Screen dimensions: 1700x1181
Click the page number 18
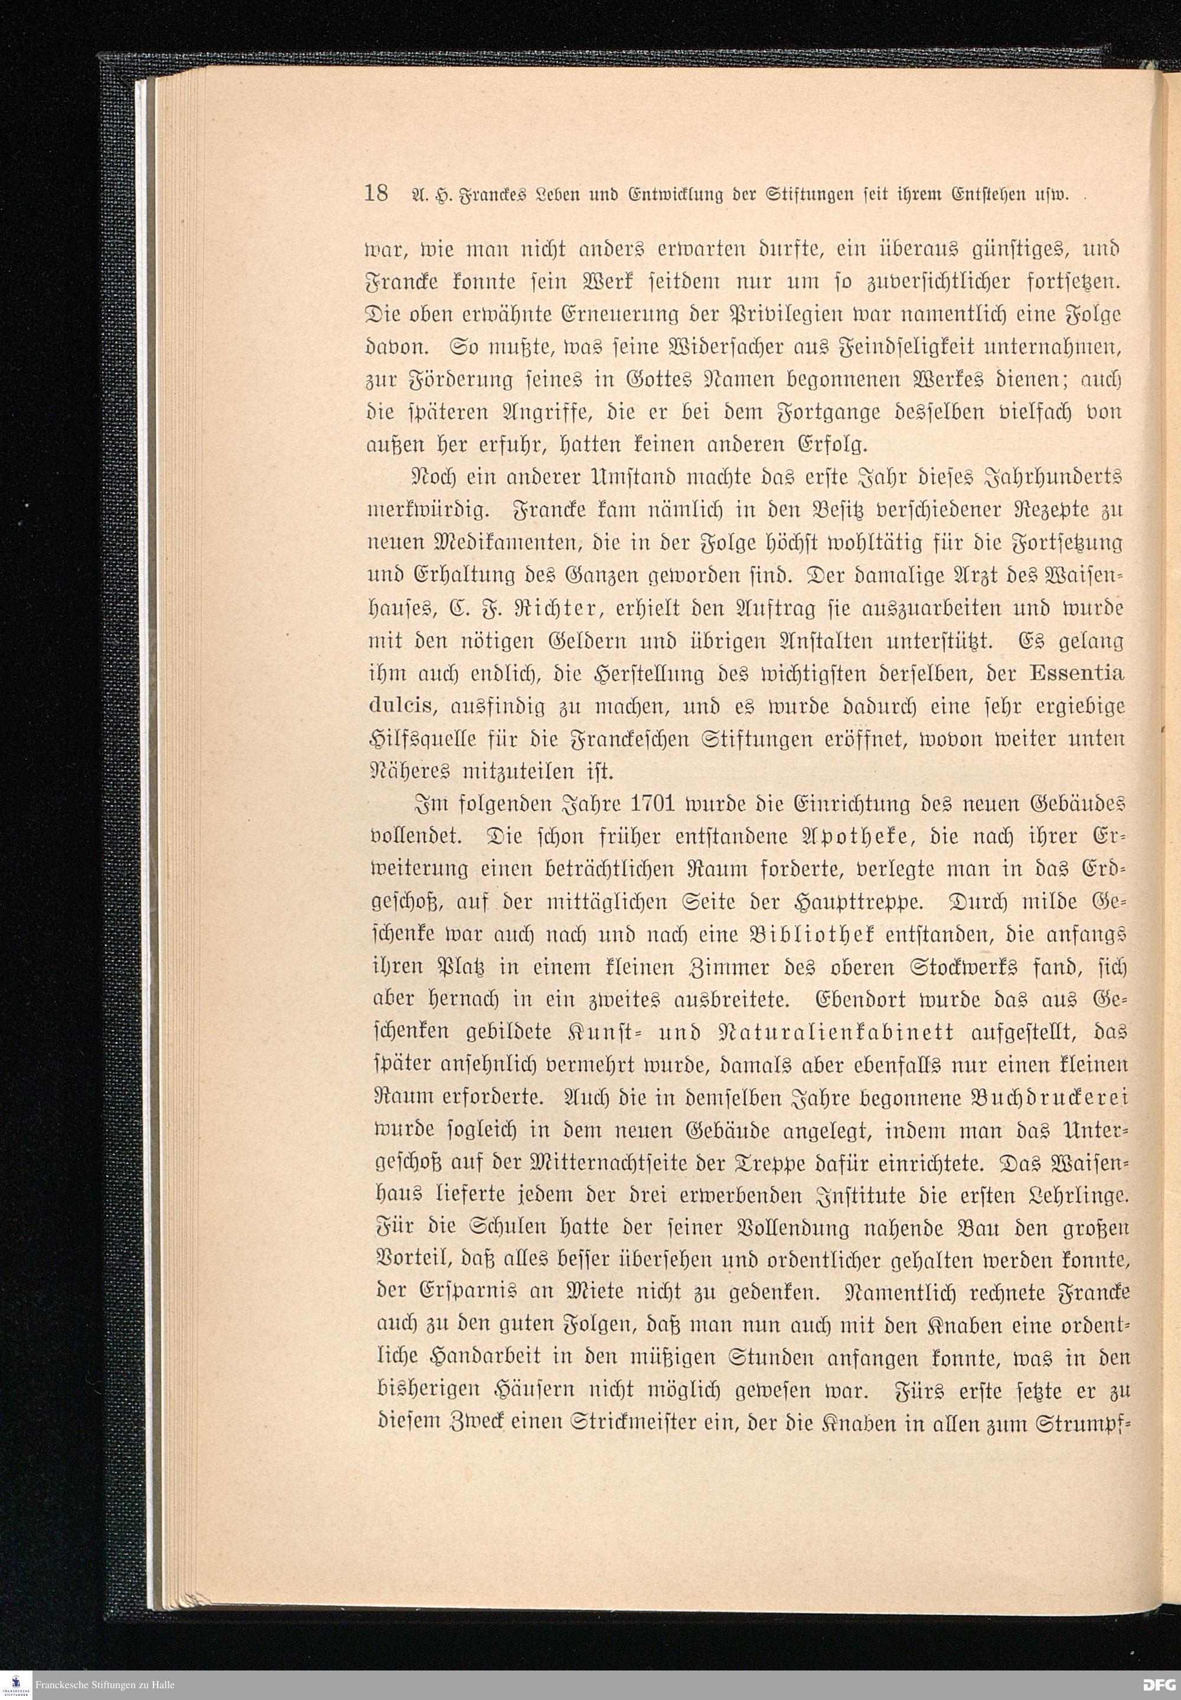click(x=376, y=194)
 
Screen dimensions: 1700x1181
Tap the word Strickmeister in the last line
click(x=638, y=1421)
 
